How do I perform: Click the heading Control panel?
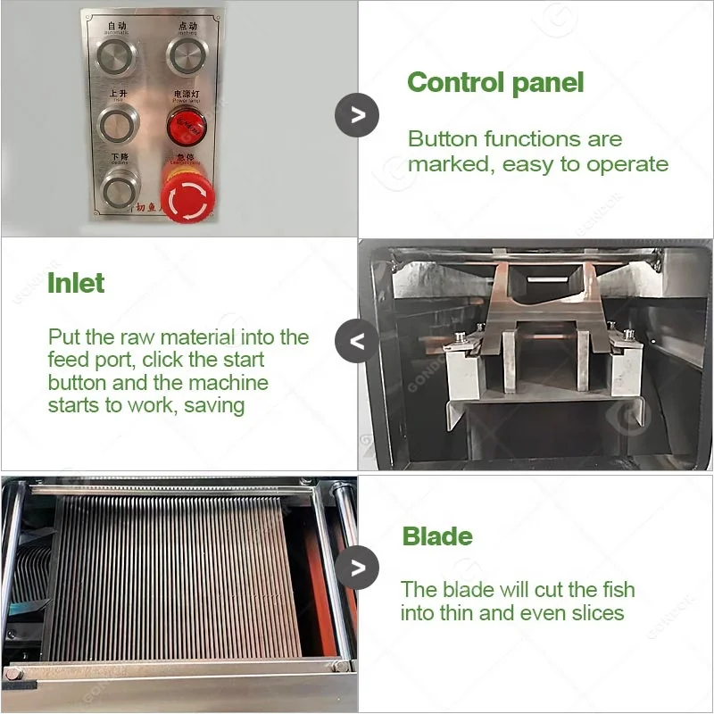coord(495,83)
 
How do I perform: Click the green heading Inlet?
coord(76,284)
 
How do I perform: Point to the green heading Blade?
coord(437,536)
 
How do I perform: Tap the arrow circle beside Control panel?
coord(357,114)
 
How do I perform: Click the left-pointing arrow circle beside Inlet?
coord(357,341)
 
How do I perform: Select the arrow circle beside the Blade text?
coord(357,568)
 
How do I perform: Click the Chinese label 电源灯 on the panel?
coord(186,93)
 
